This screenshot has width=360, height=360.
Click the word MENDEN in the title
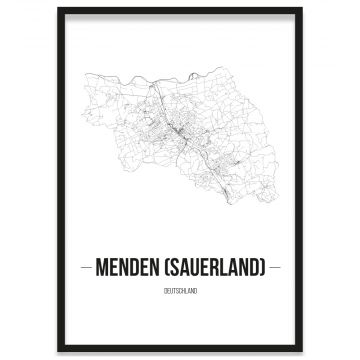click(129, 268)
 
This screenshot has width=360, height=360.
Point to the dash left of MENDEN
click(85, 268)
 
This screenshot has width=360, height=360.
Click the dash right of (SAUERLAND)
click(275, 268)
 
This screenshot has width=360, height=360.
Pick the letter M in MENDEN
click(101, 268)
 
